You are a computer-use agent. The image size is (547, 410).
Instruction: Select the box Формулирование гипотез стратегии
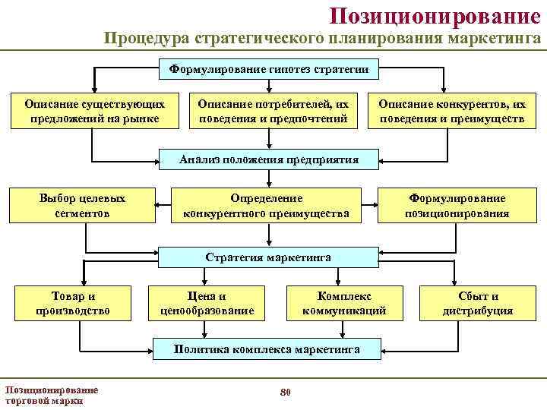point(269,69)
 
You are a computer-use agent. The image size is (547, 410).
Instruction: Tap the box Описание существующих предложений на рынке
point(93,111)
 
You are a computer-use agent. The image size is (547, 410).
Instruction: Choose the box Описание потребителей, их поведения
point(273,111)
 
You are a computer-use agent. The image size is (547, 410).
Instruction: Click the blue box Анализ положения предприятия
point(269,159)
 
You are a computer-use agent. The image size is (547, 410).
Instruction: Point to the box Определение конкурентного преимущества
point(267,206)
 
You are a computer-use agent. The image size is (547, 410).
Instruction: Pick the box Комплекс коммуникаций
point(344,303)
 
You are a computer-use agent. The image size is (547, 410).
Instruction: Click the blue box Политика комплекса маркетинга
point(267,349)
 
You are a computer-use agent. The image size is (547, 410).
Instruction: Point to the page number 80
point(286,392)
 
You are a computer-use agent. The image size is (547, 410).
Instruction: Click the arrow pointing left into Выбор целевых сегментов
point(163,205)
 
